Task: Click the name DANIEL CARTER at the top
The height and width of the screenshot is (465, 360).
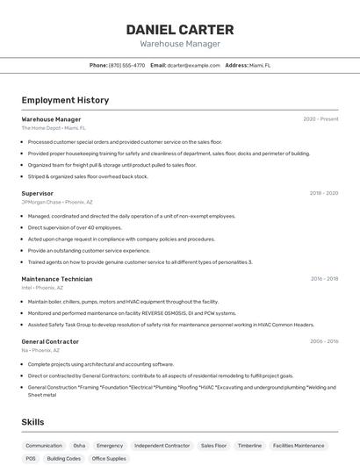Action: [x=180, y=29]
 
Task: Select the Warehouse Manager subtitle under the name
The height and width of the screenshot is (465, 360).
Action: [x=180, y=44]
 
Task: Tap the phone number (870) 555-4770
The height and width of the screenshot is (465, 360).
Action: [x=126, y=65]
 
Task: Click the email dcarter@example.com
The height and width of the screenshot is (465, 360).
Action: [x=194, y=65]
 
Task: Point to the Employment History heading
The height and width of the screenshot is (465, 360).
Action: [x=65, y=100]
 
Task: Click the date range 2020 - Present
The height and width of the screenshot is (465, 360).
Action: [x=320, y=119]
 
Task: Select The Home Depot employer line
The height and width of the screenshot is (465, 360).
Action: [x=53, y=128]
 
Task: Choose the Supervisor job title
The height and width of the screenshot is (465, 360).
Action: [x=37, y=193]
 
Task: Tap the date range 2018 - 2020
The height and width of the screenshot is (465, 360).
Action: [x=323, y=193]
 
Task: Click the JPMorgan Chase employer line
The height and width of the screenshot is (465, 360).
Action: [x=56, y=202]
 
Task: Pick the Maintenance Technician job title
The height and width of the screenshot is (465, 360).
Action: [x=56, y=279]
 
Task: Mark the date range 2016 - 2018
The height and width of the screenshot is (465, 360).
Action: [x=324, y=279]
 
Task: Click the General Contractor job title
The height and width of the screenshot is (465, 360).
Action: [x=50, y=341]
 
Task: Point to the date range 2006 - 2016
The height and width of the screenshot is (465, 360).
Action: [x=323, y=341]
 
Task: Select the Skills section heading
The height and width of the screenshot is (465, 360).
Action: [x=33, y=422]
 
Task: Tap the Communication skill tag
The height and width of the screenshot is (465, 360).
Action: [x=44, y=446]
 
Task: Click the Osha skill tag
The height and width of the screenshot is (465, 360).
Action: [x=79, y=446]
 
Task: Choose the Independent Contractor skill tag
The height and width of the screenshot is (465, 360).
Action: [x=162, y=446]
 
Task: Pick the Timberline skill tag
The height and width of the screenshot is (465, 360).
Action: [x=249, y=446]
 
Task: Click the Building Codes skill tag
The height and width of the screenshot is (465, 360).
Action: [x=63, y=459]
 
